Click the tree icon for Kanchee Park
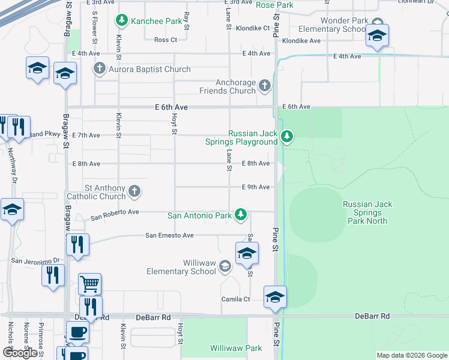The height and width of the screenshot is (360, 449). point(122,21)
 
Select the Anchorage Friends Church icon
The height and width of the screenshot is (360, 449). point(264,86)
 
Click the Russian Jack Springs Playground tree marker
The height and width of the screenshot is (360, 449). point(288,137)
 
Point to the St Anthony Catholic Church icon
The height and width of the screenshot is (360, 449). point(135,191)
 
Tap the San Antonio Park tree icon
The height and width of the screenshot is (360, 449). point(241,214)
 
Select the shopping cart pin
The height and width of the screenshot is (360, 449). point(89,283)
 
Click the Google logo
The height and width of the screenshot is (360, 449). point(20,353)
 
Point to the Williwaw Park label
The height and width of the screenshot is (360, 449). point(236,348)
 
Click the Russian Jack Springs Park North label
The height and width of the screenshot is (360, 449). point(367,212)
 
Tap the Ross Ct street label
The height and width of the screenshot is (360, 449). point(166,40)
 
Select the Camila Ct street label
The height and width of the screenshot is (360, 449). point(237,299)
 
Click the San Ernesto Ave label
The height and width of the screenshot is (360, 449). point(169,236)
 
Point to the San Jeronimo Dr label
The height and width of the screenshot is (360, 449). point(36,260)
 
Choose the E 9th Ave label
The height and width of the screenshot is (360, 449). point(255,187)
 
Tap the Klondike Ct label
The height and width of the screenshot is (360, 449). point(252,28)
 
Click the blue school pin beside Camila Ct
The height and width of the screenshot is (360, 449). point(275,296)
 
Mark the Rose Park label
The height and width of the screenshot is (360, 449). point(274,5)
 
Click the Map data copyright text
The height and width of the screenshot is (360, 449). point(411,355)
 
